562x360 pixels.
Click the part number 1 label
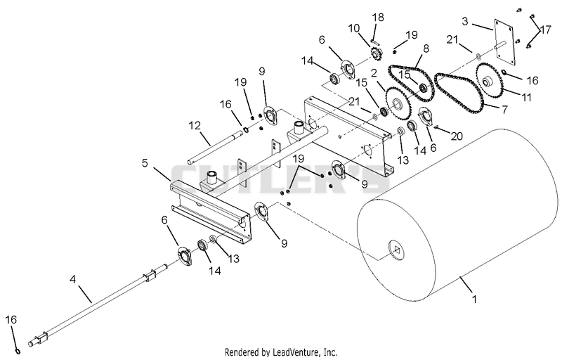tap(475, 299)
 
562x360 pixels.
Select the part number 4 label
tap(73, 279)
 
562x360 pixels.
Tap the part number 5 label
tap(145, 163)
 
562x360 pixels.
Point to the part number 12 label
tap(195, 126)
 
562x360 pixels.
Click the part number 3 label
tap(465, 21)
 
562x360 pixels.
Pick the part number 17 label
tap(546, 30)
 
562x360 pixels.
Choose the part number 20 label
tap(457, 136)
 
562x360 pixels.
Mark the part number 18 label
tap(378, 17)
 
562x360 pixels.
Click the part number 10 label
tap(354, 28)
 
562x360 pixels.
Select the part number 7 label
tap(504, 110)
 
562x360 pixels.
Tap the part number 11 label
tap(526, 97)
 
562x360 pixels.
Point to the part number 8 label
tap(426, 49)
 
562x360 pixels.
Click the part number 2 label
tap(374, 73)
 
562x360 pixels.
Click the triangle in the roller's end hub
tap(397, 250)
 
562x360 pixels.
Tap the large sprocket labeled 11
tap(490, 82)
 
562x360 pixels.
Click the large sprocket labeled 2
tap(398, 104)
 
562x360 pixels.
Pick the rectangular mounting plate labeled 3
tap(505, 42)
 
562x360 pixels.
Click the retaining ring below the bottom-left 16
tap(17, 350)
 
